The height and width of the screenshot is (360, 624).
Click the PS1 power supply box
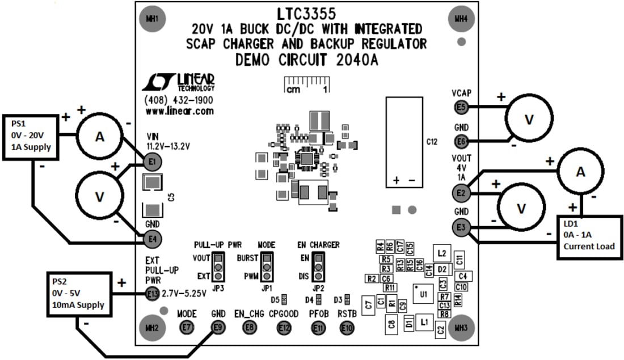[x=32, y=135]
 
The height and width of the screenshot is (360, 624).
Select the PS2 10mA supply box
[x=77, y=293]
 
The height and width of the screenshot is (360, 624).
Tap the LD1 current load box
[x=589, y=236]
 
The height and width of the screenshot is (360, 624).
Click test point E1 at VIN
[x=151, y=163]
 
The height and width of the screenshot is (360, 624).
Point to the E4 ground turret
[x=151, y=238]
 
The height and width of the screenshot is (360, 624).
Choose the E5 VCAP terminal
[x=461, y=107]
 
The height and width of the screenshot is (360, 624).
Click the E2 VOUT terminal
[x=461, y=194]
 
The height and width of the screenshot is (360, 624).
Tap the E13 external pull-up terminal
[x=151, y=294]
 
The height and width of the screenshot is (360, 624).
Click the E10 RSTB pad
[x=347, y=327]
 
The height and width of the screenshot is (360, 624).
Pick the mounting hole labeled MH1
[x=152, y=19]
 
